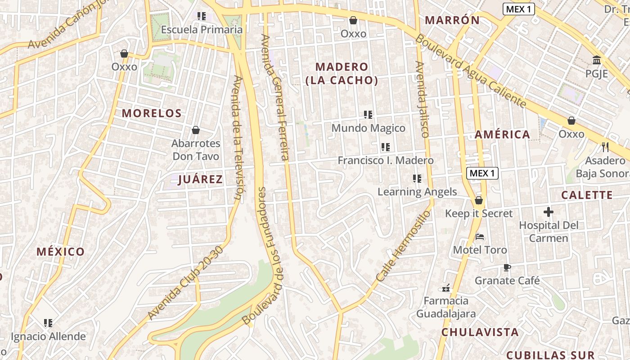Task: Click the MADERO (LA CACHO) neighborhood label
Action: click(342, 73)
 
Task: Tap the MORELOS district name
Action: click(152, 113)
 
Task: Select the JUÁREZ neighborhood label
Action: click(200, 180)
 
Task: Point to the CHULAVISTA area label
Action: click(480, 332)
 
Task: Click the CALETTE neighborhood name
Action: click(587, 195)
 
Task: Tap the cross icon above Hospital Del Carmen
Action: click(548, 211)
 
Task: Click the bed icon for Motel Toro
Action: click(480, 237)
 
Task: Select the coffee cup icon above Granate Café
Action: click(507, 267)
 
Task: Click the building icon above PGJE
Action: click(597, 60)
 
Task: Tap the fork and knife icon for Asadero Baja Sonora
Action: click(605, 147)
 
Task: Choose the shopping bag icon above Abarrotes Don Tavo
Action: click(196, 130)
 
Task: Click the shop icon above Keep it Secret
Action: click(479, 200)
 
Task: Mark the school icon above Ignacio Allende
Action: click(48, 323)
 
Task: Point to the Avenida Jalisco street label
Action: click(422, 99)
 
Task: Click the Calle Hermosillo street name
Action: click(403, 246)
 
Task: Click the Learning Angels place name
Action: click(417, 192)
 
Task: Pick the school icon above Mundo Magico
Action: click(368, 115)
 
